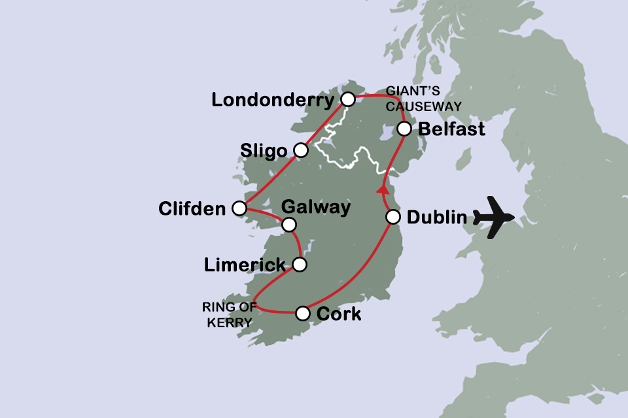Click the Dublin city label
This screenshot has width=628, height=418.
tap(437, 217)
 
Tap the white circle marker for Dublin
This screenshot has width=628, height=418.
tap(392, 217)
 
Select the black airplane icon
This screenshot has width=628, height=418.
tap(495, 217)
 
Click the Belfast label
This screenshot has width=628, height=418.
tap(451, 129)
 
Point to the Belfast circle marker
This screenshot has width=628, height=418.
tap(405, 127)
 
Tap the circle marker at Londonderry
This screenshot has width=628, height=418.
tap(348, 99)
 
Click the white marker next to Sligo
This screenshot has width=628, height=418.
tap(300, 150)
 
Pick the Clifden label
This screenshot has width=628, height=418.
tap(192, 209)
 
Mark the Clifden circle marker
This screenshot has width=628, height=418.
tap(239, 208)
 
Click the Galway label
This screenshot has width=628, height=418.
tap(315, 208)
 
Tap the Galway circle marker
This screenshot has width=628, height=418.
tap(289, 225)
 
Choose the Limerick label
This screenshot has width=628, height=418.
tap(245, 265)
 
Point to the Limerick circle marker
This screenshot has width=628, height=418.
tap(299, 265)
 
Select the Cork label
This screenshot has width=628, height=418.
tap(338, 314)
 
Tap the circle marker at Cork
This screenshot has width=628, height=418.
tap(302, 313)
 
